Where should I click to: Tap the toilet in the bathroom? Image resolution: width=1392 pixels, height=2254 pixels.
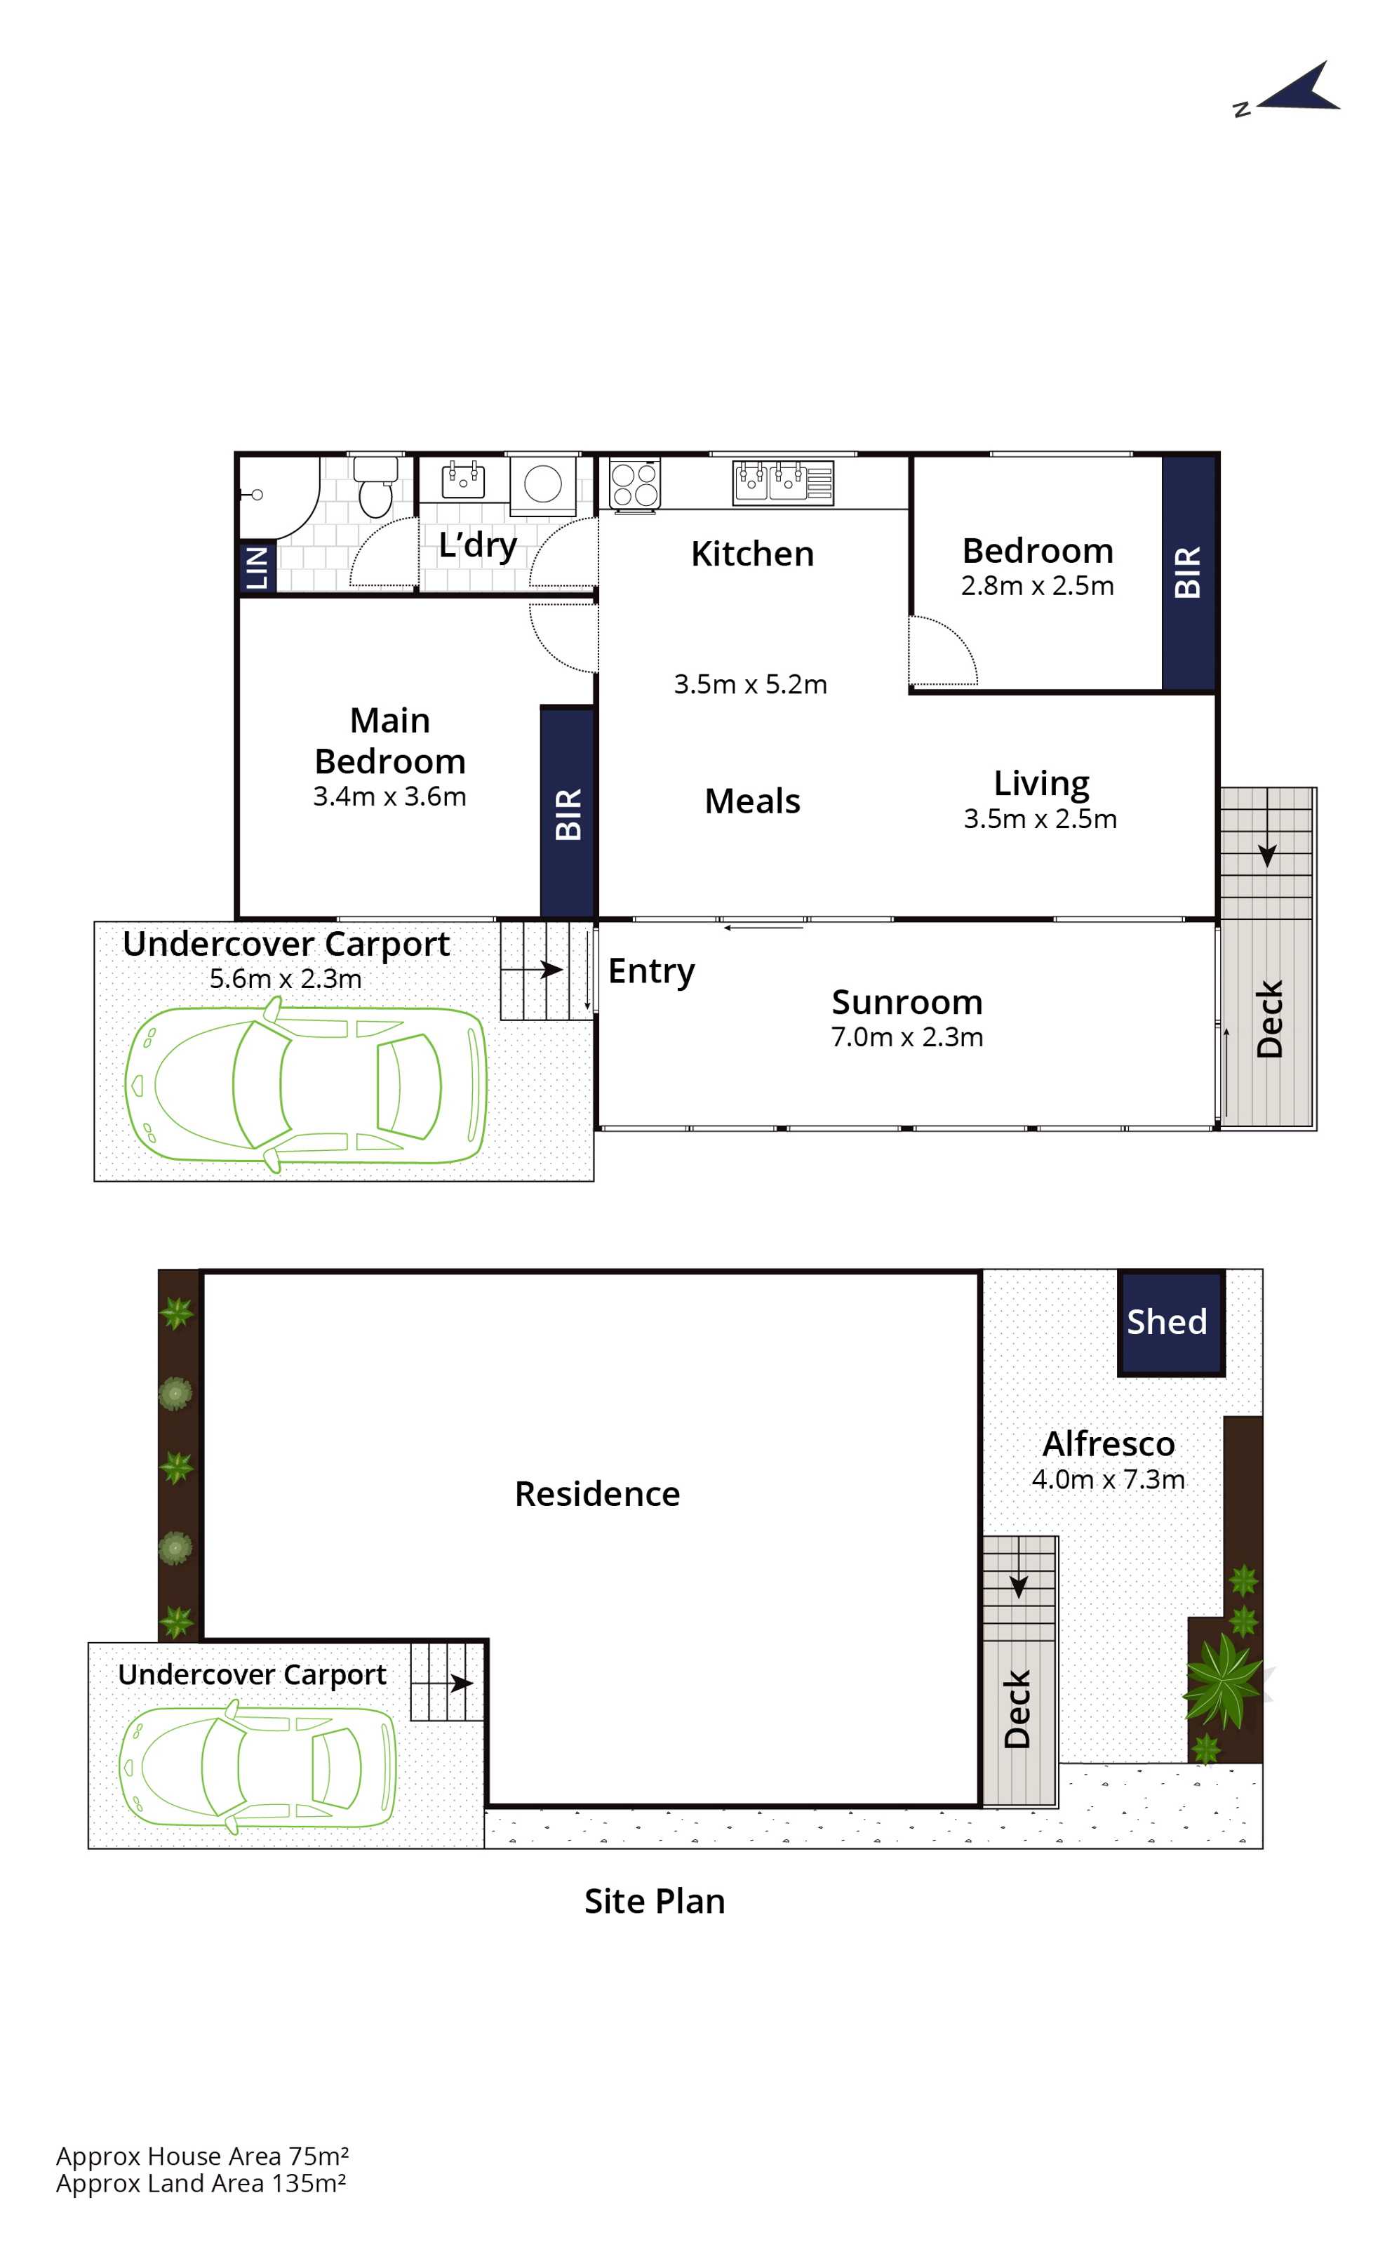375,486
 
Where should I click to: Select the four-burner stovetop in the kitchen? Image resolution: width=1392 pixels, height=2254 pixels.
634,484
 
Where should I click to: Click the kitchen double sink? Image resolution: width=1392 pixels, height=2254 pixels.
782,483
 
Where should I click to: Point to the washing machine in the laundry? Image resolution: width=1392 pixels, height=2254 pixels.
543,484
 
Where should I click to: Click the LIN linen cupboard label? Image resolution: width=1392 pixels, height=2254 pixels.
257,568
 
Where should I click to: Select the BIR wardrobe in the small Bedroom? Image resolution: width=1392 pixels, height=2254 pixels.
1189,572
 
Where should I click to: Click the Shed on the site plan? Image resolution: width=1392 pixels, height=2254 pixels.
1171,1323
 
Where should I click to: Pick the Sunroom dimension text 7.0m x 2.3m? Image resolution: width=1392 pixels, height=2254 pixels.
906,1038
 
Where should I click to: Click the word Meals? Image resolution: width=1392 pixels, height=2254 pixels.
752,801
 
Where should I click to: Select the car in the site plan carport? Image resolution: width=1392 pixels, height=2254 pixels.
257,1767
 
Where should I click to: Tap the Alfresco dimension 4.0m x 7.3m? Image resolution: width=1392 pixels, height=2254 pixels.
1108,1480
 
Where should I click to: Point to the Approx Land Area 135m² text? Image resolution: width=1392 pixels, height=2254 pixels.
201,2183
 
